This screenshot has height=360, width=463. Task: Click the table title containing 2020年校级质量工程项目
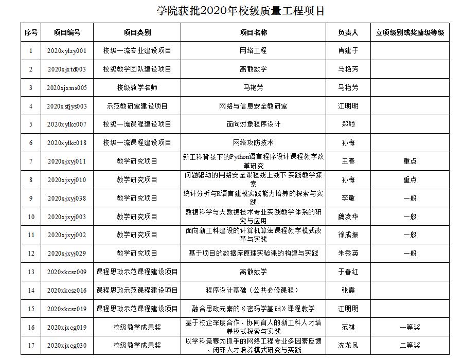(x=241, y=11)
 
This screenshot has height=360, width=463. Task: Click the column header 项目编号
(x=67, y=32)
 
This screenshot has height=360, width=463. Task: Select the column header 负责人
(x=348, y=32)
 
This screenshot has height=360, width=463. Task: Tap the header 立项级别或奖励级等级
(x=409, y=32)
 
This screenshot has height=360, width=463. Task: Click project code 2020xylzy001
(x=67, y=51)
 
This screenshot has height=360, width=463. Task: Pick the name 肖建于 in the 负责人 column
(x=348, y=51)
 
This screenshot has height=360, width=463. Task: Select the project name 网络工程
(x=253, y=51)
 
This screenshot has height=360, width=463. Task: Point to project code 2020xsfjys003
(x=67, y=106)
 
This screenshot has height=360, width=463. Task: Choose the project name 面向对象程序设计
(x=253, y=124)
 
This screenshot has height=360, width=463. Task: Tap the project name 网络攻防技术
(x=253, y=142)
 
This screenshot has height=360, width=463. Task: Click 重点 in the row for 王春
(x=409, y=161)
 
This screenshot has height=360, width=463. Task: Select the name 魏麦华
(x=348, y=217)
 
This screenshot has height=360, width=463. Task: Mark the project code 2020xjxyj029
(x=67, y=253)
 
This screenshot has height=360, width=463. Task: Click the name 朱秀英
(x=348, y=253)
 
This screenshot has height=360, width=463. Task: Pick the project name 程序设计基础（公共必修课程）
(x=253, y=290)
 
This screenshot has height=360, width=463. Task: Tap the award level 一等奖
(x=409, y=327)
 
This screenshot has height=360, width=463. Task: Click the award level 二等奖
(x=409, y=345)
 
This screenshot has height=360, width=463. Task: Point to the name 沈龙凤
(x=348, y=345)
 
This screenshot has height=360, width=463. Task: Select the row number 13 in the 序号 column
(x=31, y=272)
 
